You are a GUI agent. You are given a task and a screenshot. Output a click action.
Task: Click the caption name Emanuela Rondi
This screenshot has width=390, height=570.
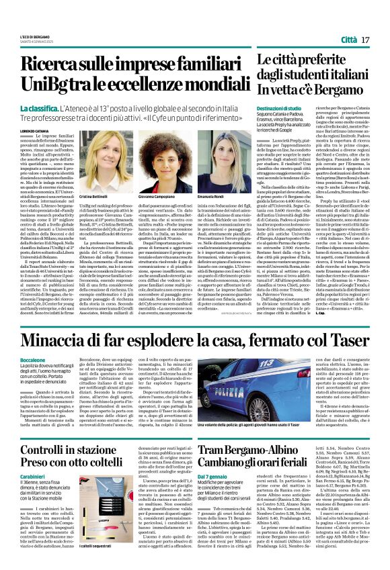pos(210,197)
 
